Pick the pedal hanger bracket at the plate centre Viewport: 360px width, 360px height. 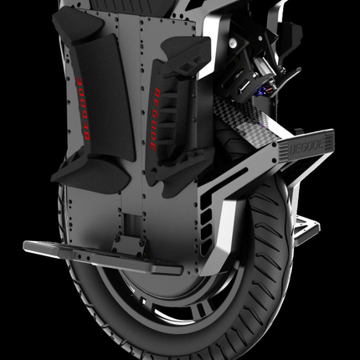(x=135, y=244)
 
